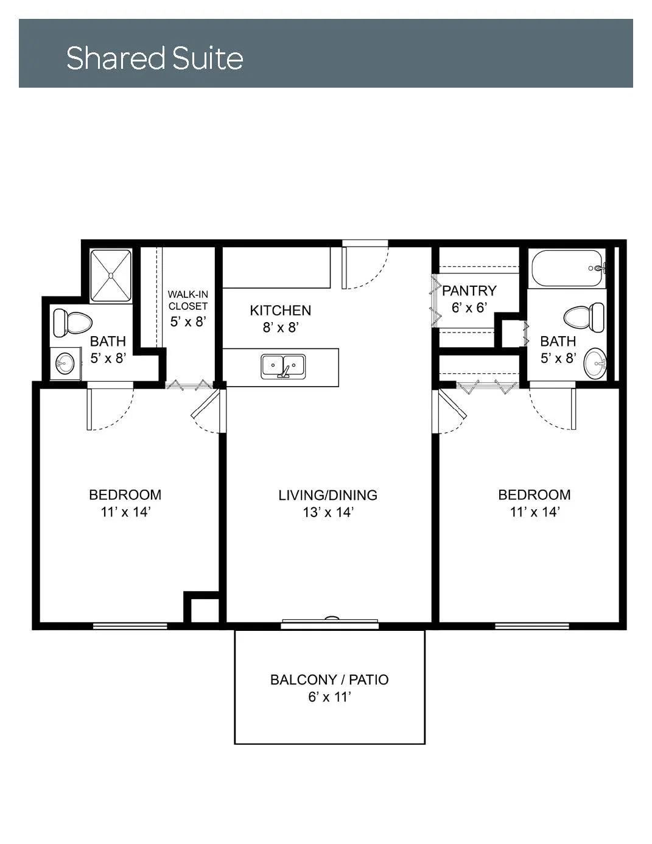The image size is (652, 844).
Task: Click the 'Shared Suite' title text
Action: coord(155,58)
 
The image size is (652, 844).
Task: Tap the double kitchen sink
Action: coord(283,366)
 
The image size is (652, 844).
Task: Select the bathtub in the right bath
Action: coord(568,269)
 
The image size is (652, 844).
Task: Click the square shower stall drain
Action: coord(111,275)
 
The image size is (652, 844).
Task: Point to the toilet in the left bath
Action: coord(72,322)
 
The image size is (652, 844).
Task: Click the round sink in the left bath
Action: coord(65,363)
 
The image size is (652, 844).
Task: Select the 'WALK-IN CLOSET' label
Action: coord(188,300)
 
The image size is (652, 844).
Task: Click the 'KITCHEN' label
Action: coord(281,311)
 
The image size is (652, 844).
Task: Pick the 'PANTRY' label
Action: coord(469,290)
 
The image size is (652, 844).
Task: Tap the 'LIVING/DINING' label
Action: coord(328,495)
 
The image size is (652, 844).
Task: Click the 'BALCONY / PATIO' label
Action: coord(329,680)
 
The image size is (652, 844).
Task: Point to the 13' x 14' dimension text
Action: coord(328,512)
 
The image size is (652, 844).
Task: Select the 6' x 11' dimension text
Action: coord(329,697)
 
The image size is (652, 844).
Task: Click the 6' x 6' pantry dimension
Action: coord(469,308)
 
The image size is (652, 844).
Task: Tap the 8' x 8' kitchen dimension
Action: coord(281,328)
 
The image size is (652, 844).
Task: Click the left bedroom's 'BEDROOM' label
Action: coord(125,495)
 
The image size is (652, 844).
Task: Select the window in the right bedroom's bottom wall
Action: coord(532,626)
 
